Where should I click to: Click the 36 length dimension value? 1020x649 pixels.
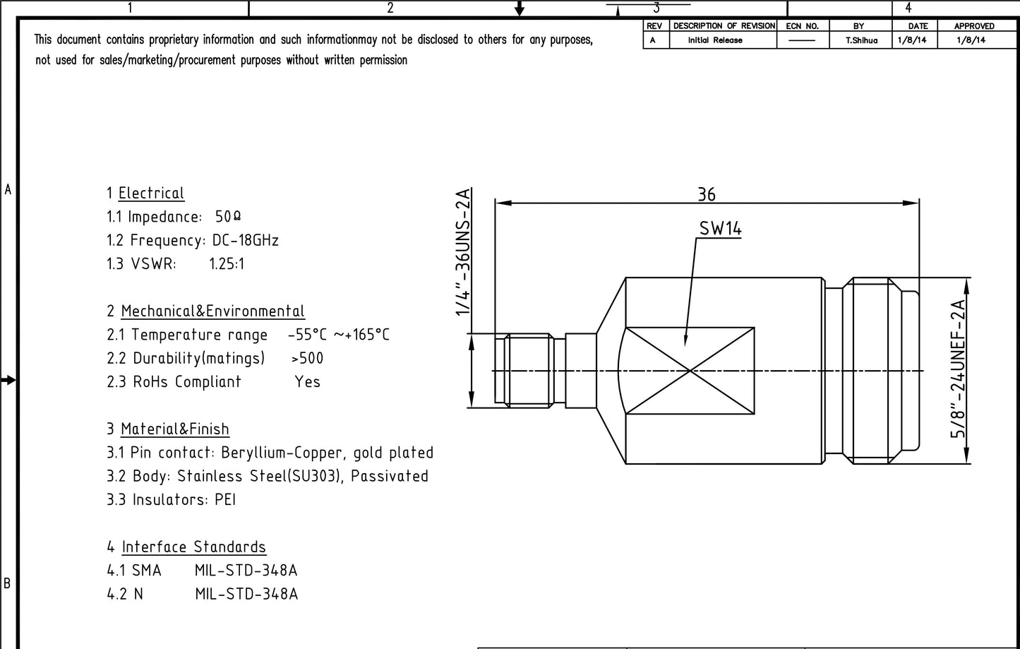[706, 194]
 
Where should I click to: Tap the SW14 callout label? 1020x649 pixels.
[720, 228]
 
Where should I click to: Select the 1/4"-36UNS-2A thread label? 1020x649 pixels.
[463, 252]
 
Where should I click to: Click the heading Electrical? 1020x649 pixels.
[151, 193]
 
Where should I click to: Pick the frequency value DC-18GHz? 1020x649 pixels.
[245, 241]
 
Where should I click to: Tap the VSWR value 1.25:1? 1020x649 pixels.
[227, 264]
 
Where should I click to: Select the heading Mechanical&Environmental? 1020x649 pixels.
[212, 311]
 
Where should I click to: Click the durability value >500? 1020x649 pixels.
[307, 359]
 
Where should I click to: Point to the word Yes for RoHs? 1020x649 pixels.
[307, 382]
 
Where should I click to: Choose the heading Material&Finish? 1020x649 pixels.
[175, 429]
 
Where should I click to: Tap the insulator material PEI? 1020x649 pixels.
[225, 500]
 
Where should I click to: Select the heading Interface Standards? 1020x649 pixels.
[194, 547]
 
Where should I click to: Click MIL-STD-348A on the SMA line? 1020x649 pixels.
[246, 571]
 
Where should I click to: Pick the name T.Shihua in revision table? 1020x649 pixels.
[861, 40]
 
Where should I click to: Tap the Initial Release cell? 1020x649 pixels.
[715, 40]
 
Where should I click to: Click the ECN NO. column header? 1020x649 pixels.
[802, 26]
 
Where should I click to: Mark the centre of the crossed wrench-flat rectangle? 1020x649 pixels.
[690, 370]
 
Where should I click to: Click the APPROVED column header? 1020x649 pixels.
[973, 26]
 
